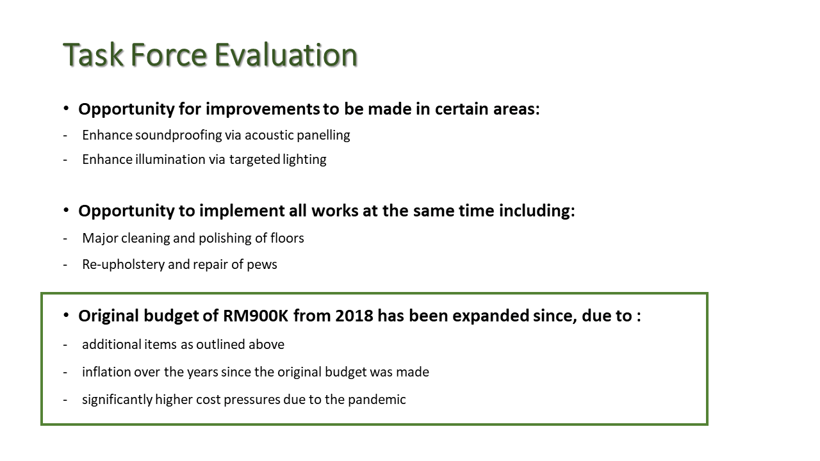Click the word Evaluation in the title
tap(286, 55)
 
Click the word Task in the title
tap(94, 55)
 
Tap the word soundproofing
tap(179, 135)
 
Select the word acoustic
tap(269, 135)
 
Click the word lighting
tap(304, 160)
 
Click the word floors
tap(287, 238)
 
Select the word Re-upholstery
tap(124, 265)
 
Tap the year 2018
tap(354, 316)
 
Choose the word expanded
tap(491, 316)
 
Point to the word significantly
tap(117, 400)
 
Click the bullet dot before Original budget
tap(66, 315)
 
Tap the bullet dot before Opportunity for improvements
tap(66, 108)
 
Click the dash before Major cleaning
tap(65, 239)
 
